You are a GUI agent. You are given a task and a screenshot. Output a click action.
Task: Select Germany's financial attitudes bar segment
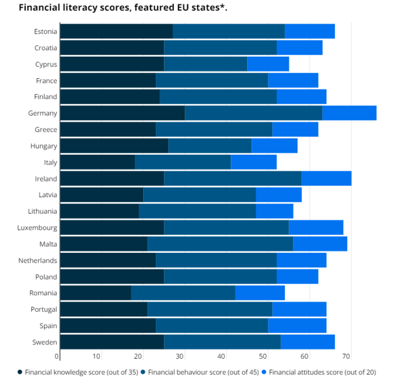pyautogui.click(x=349, y=113)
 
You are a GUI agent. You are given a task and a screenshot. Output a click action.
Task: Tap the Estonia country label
pyautogui.click(x=45, y=31)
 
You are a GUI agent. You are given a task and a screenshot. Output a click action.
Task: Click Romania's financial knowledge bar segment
pyautogui.click(x=95, y=293)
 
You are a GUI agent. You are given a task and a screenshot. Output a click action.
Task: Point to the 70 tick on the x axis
pyautogui.click(x=346, y=357)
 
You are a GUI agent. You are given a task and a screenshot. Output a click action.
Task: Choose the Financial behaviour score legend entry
pyautogui.click(x=203, y=372)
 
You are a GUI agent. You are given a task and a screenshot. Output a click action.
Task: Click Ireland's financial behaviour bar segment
pyautogui.click(x=232, y=178)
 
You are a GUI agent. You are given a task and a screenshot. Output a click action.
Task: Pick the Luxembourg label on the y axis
pyautogui.click(x=37, y=228)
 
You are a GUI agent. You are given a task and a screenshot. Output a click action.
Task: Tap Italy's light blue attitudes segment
pyautogui.click(x=253, y=162)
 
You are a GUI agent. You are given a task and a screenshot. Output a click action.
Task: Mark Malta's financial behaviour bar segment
pyautogui.click(x=220, y=244)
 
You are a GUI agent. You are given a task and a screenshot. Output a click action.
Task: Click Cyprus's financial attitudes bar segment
pyautogui.click(x=268, y=64)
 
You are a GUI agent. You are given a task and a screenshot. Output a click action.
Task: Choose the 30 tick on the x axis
pyautogui.click(x=180, y=357)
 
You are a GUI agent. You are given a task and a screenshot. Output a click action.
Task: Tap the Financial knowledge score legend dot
pyautogui.click(x=20, y=372)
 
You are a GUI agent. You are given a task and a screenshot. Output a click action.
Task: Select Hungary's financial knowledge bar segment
pyautogui.click(x=114, y=146)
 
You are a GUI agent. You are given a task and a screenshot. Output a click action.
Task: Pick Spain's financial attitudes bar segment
pyautogui.click(x=297, y=326)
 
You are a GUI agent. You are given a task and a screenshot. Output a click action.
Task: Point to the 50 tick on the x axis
pyautogui.click(x=263, y=357)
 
